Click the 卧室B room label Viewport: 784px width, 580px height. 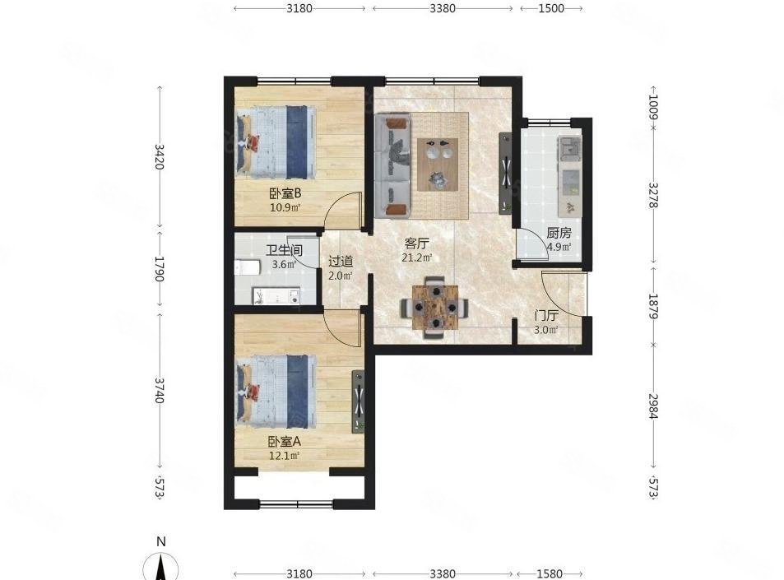(285, 193)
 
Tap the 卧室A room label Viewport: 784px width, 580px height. (285, 441)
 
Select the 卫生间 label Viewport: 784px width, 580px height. (284, 249)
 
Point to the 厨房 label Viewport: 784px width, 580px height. (559, 232)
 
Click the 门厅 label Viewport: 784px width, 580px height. (546, 315)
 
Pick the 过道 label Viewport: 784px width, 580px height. (341, 262)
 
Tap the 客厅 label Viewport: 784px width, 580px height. (417, 244)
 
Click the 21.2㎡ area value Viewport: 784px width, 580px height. (417, 258)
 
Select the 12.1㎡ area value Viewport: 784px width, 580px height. (285, 455)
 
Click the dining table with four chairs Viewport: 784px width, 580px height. (434, 307)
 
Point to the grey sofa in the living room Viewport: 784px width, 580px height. (393, 165)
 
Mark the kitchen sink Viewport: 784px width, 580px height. (569, 149)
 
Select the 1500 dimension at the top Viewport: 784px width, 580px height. (550, 9)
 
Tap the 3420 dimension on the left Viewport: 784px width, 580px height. (160, 156)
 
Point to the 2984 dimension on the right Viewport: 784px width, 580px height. (654, 406)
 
